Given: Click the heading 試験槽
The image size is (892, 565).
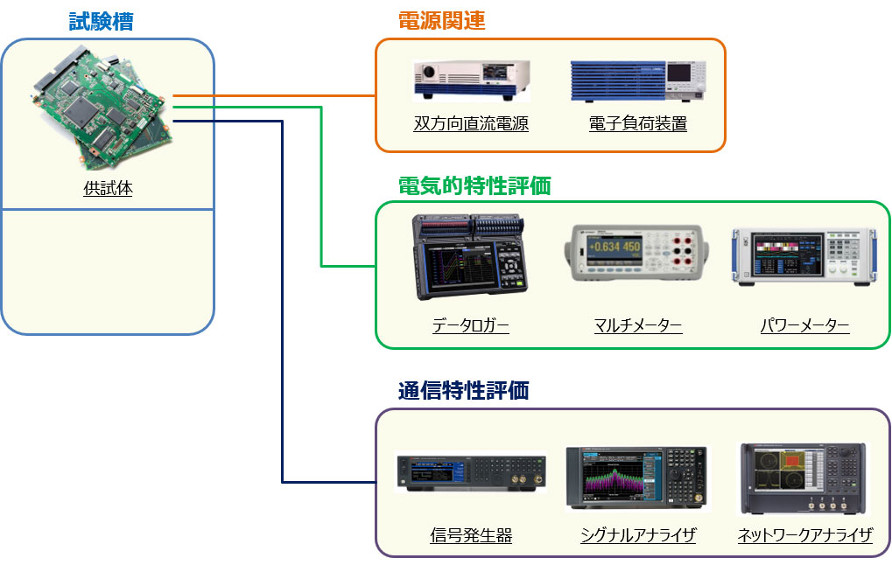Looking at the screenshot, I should (x=102, y=22).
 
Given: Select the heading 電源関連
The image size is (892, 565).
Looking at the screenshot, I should (x=441, y=22).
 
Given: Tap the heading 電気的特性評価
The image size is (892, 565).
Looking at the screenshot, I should (x=474, y=185).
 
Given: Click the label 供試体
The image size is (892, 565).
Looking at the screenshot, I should (x=108, y=187).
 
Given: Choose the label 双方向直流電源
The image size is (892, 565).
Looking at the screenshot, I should (x=471, y=123).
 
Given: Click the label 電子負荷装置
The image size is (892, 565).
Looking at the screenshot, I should (x=637, y=123).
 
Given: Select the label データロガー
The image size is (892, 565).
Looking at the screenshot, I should (x=470, y=326).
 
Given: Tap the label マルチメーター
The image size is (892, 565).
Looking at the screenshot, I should (x=637, y=326).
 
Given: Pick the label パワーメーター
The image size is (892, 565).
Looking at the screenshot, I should (x=804, y=326).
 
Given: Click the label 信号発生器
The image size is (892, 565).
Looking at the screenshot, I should (x=471, y=535).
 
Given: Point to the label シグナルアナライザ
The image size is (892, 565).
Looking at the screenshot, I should (x=637, y=535).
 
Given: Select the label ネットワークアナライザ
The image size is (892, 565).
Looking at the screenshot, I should (x=804, y=535).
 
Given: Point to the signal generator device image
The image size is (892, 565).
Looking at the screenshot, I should (x=471, y=472).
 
